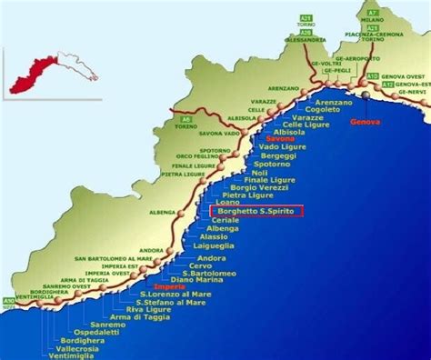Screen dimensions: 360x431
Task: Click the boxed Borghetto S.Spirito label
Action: (x=256, y=211)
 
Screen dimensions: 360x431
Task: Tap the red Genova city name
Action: (x=366, y=122)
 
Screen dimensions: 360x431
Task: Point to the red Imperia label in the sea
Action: (x=172, y=285)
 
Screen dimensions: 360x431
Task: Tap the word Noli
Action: (x=259, y=174)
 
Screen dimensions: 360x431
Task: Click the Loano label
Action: (x=228, y=202)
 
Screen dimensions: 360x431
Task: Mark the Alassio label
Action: (x=215, y=236)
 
